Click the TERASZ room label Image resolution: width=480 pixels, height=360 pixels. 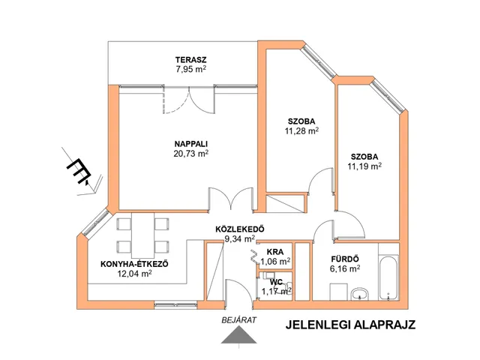[x=190, y=60]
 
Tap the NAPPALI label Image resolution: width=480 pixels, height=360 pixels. [x=191, y=144]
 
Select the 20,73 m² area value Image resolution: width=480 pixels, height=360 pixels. [x=191, y=153]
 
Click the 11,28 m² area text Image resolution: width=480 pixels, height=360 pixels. [x=301, y=131]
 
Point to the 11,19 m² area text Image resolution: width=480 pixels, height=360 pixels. [x=364, y=166]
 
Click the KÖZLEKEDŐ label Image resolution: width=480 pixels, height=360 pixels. [x=240, y=229]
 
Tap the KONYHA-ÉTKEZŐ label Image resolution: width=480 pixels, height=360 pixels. [x=134, y=264]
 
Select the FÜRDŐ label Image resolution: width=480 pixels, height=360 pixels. [x=345, y=259]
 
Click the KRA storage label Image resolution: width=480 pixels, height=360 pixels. [x=275, y=252]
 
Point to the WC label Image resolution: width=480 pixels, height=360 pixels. [x=276, y=282]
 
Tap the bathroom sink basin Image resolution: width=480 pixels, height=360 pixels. [x=360, y=295]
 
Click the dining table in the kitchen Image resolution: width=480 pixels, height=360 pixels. [x=143, y=235]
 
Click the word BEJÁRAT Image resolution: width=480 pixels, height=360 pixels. [x=239, y=320]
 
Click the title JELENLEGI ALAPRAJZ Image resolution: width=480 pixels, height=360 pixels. [x=350, y=325]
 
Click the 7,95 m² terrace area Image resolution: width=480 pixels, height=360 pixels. [x=190, y=69]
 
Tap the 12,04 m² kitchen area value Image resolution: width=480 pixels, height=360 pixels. [x=134, y=274]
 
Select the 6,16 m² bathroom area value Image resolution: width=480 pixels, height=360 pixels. [x=345, y=268]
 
